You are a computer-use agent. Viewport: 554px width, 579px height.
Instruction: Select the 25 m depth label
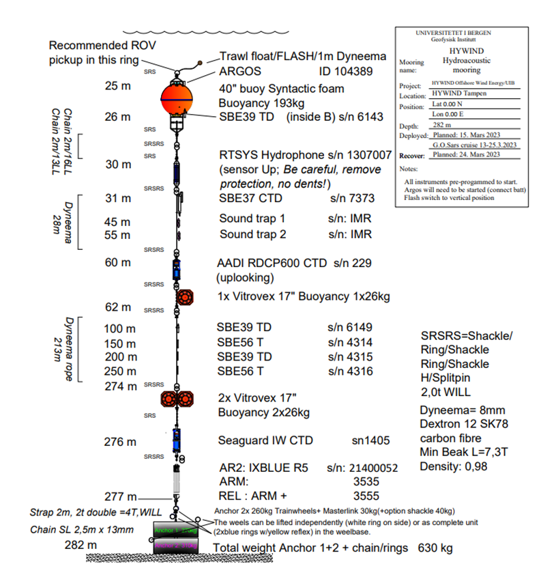(117, 87)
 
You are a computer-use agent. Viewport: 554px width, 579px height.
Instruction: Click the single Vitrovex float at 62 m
(186, 298)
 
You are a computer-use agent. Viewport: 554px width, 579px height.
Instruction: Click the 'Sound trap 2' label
(251, 234)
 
